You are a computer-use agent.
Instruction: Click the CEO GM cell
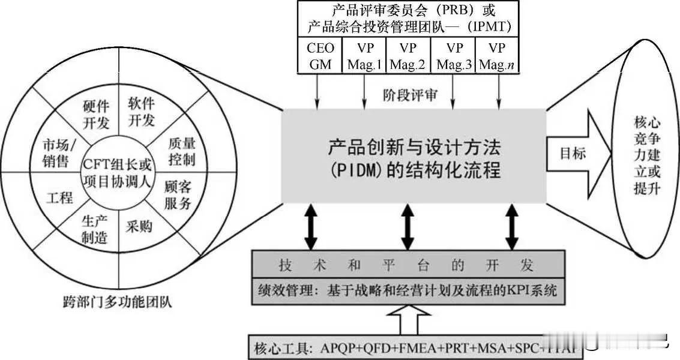[320, 55]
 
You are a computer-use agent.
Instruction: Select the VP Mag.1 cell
[364, 55]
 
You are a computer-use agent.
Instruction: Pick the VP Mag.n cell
[497, 55]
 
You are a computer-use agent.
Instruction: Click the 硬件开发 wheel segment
[95, 114]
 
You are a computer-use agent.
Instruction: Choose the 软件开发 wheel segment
[142, 112]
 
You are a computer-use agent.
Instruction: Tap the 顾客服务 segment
[178, 194]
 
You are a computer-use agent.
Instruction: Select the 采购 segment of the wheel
[139, 226]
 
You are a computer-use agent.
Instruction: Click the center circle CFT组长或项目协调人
[118, 172]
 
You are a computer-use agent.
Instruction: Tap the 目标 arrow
[571, 154]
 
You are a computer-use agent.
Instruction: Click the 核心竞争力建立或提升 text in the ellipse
[647, 155]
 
